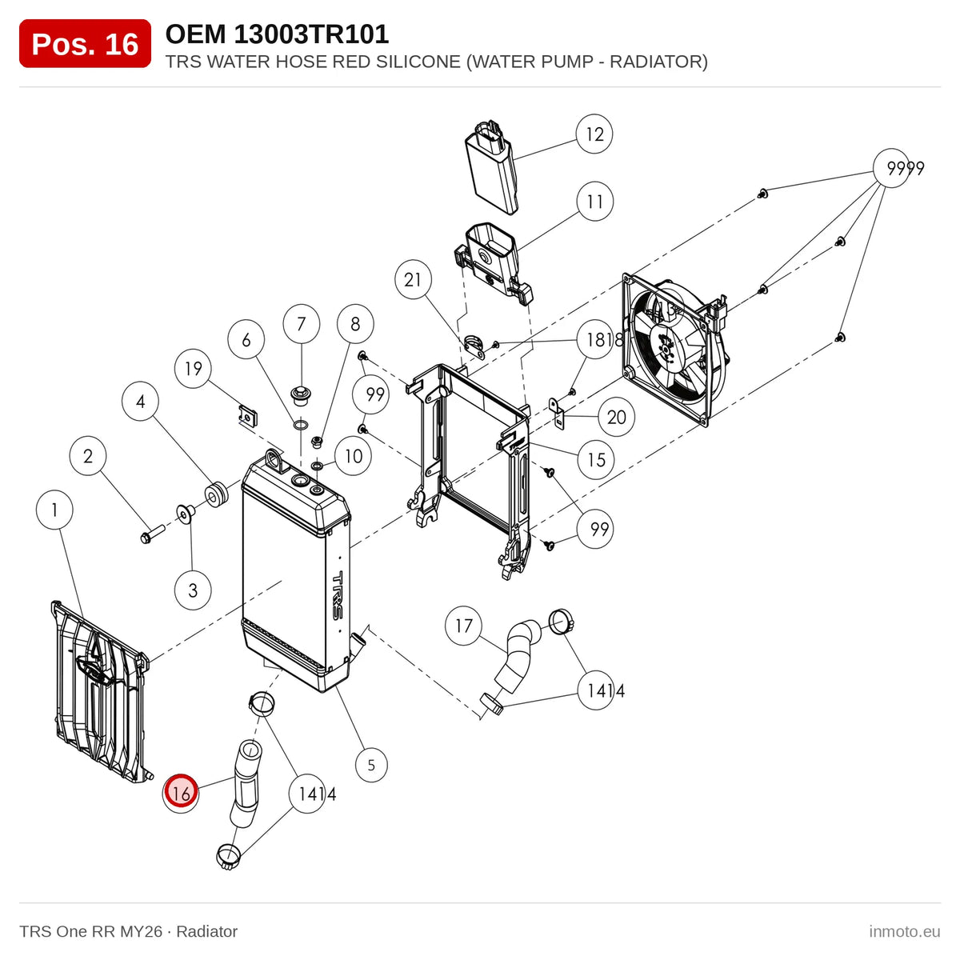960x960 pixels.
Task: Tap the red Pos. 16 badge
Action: click(85, 44)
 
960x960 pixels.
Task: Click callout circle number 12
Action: click(594, 134)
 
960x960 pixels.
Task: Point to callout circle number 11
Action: click(595, 202)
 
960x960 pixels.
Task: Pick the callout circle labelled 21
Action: click(413, 280)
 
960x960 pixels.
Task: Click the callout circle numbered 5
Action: click(371, 765)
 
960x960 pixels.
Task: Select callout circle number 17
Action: click(464, 626)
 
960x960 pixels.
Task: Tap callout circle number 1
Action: click(55, 510)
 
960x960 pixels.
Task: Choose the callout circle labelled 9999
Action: click(892, 168)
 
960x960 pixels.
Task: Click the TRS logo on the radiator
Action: click(338, 595)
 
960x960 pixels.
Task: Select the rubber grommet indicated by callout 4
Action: click(216, 494)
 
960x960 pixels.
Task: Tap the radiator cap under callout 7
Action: click(300, 394)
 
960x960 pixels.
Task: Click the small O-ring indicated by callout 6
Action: click(301, 425)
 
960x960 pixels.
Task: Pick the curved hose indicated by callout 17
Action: click(517, 656)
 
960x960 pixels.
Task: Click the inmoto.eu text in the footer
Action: click(904, 931)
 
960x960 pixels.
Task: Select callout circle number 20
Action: click(616, 418)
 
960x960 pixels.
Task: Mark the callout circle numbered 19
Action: click(194, 369)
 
